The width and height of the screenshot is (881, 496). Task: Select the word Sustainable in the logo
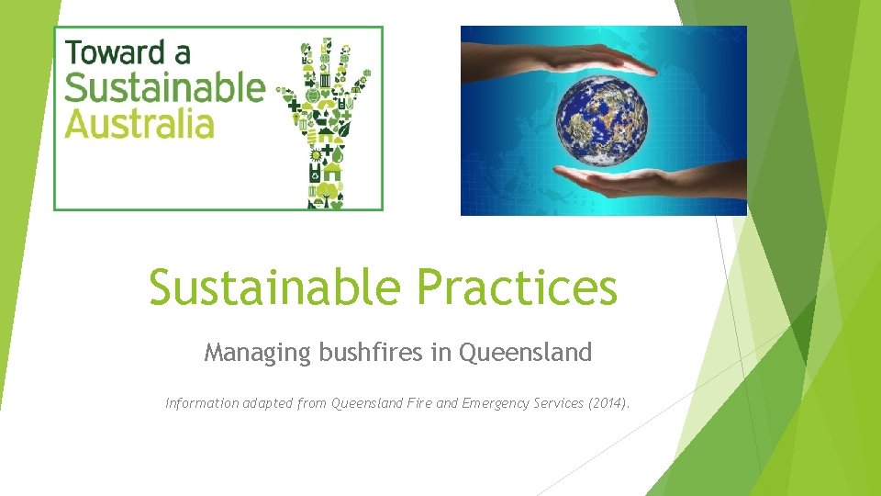164,89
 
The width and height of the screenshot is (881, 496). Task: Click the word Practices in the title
517,287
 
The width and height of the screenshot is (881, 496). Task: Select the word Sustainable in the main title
275,287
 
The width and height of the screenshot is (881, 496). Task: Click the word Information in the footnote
201,402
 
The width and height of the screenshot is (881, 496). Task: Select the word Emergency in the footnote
495,402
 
